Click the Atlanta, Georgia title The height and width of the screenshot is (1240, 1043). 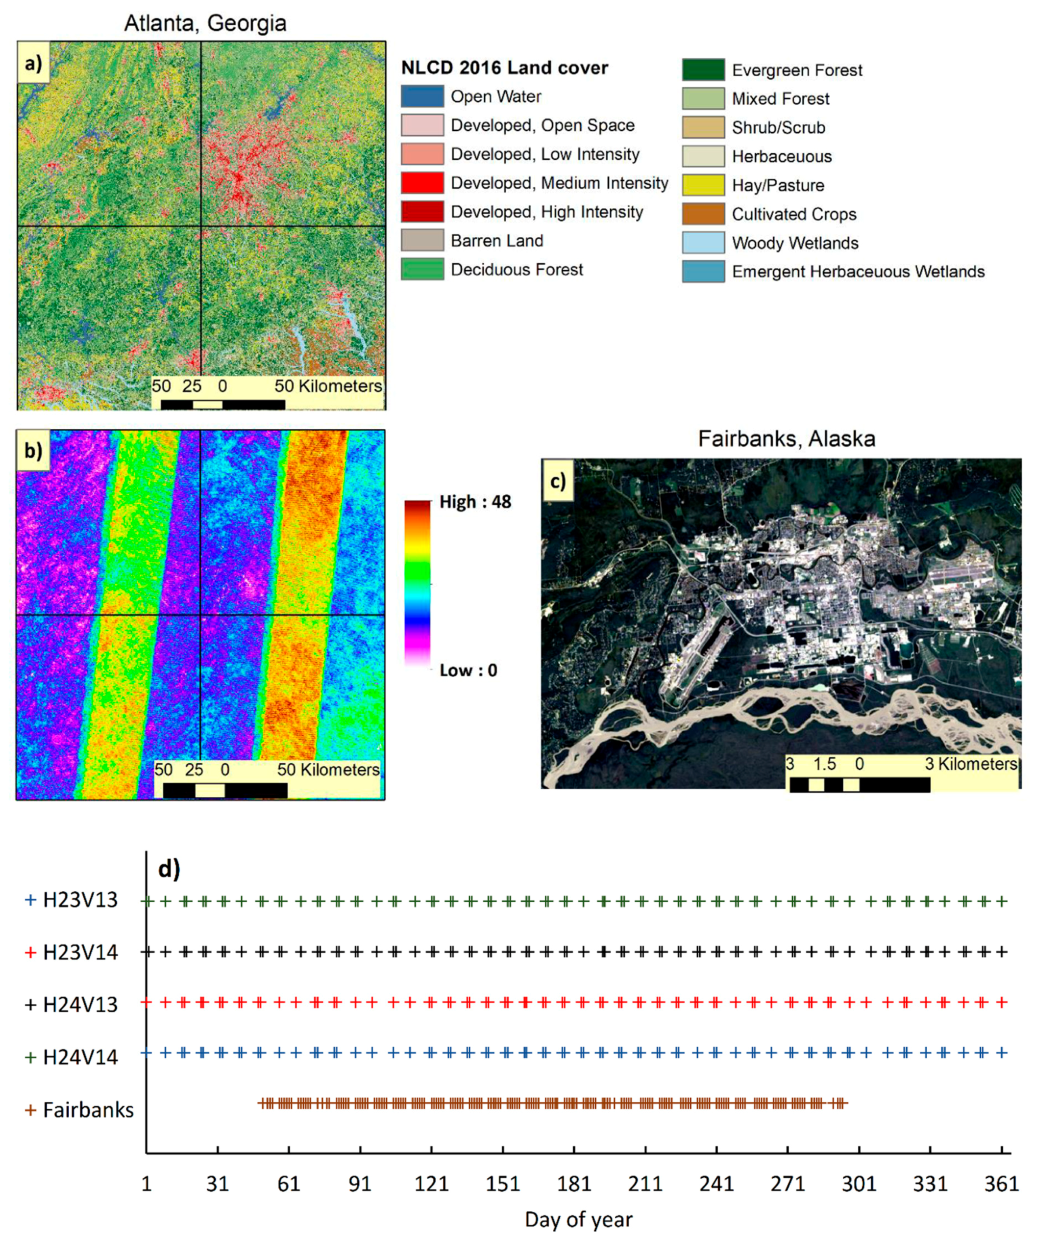coord(205,23)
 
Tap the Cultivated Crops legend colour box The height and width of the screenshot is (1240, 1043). coord(703,214)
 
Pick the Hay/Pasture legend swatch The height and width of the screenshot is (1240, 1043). coord(703,185)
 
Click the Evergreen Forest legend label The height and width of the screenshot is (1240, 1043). coord(796,70)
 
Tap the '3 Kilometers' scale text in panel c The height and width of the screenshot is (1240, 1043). coord(970,764)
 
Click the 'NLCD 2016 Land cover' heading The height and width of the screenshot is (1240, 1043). coord(504,68)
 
